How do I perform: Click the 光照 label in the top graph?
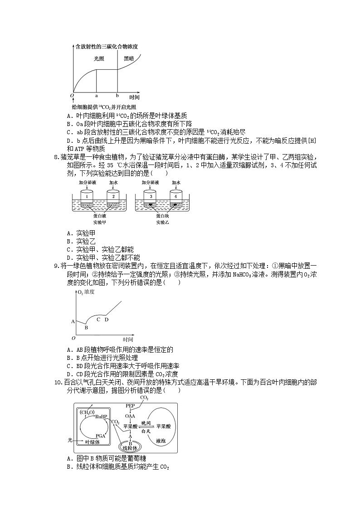click(99, 58)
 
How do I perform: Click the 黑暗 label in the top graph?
click(129, 58)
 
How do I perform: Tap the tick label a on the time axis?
click(97, 96)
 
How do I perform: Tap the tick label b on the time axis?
click(117, 96)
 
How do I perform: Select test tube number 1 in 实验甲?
click(86, 196)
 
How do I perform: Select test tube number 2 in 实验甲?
click(113, 196)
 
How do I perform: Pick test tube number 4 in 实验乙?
click(175, 196)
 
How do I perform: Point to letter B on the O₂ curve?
click(86, 327)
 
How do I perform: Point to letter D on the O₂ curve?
click(107, 320)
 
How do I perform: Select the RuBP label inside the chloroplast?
click(101, 416)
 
